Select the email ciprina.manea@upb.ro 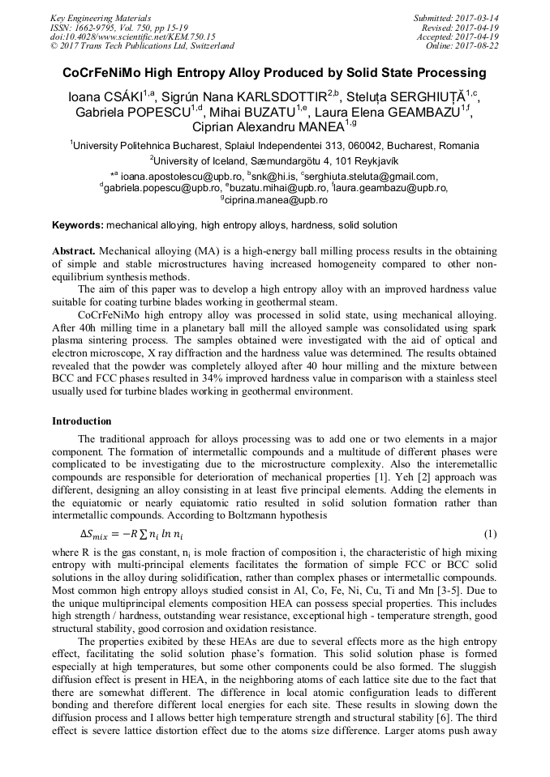click(276, 199)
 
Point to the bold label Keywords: click(78, 225)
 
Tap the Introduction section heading click(82, 421)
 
